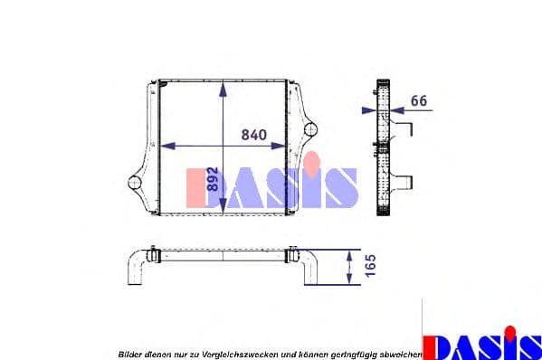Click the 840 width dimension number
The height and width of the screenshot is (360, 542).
253,135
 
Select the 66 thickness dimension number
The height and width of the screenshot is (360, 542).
418,100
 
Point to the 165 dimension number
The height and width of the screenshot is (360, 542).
370,265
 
